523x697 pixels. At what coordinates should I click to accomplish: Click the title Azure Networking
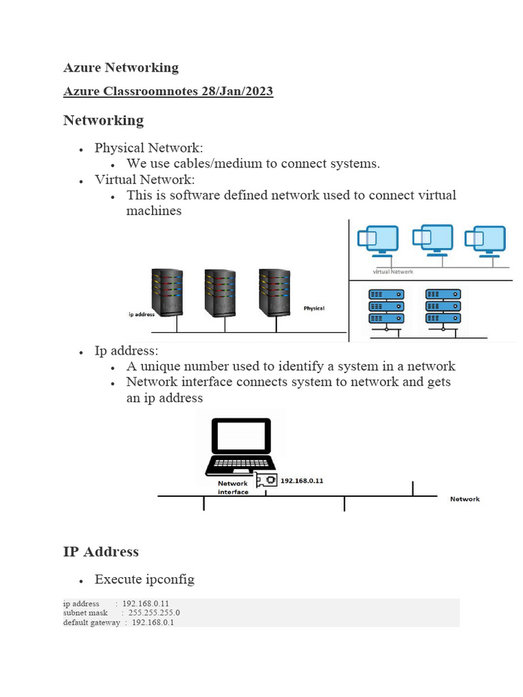tap(121, 67)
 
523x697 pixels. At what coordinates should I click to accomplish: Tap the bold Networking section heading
tap(104, 120)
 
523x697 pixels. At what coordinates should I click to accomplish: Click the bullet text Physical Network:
tap(148, 148)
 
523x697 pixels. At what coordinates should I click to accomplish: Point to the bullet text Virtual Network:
tap(144, 180)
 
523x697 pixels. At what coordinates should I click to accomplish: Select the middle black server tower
tap(221, 293)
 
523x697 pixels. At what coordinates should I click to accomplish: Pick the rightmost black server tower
tap(275, 293)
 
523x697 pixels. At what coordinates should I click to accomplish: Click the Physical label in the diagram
tap(314, 308)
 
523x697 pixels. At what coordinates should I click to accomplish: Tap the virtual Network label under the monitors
tap(393, 272)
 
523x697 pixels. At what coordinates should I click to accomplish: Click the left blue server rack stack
tap(385, 306)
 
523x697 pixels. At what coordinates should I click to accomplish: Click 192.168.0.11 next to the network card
tap(302, 481)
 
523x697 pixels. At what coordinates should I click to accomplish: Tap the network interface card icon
tap(268, 481)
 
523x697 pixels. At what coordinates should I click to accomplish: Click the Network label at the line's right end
tap(464, 499)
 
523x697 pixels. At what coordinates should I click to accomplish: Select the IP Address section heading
tap(101, 552)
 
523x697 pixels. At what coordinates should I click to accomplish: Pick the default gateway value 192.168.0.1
tap(153, 622)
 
